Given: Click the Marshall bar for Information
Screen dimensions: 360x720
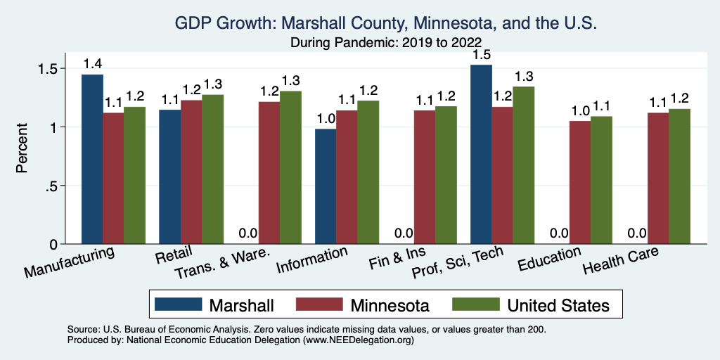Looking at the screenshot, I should click(x=326, y=186).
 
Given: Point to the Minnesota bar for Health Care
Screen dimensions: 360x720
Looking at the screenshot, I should click(x=657, y=178).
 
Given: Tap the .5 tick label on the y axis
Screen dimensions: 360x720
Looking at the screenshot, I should click(x=51, y=186).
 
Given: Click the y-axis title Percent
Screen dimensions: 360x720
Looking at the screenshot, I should click(x=22, y=148).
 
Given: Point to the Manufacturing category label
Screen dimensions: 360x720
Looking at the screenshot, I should click(x=70, y=262).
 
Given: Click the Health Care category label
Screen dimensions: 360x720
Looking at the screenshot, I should click(x=621, y=262).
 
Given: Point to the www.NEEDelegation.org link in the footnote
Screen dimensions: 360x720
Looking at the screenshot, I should click(x=358, y=340).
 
